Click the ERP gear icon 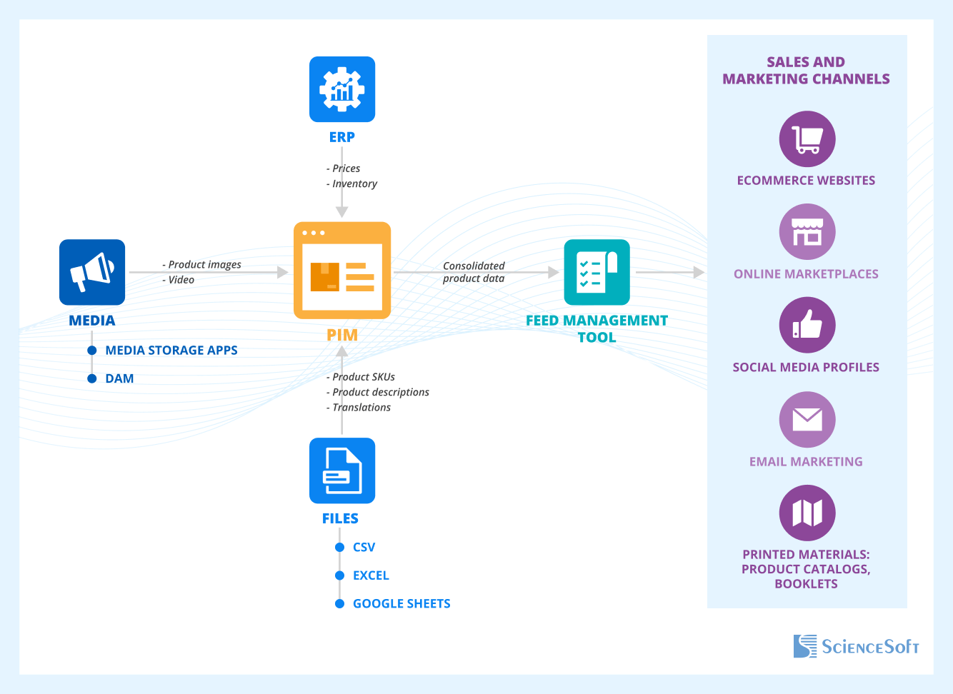click(x=342, y=89)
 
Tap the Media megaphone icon click(x=92, y=272)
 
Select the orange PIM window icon click(x=342, y=271)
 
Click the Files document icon click(x=342, y=471)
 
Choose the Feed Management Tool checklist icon click(x=597, y=272)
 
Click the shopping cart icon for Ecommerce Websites click(x=807, y=139)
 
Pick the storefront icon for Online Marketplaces click(x=807, y=233)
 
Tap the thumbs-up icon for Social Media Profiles click(x=807, y=326)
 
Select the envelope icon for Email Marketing click(x=807, y=419)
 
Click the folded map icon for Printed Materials click(x=807, y=513)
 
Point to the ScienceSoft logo click(x=856, y=646)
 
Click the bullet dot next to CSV click(x=340, y=547)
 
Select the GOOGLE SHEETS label click(x=401, y=603)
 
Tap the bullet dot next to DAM click(x=92, y=378)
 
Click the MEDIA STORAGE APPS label click(x=171, y=350)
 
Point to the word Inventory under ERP click(x=354, y=183)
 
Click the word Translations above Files click(x=361, y=407)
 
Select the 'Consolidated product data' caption click(x=474, y=272)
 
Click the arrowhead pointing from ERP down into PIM click(x=342, y=211)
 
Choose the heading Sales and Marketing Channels click(x=806, y=71)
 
